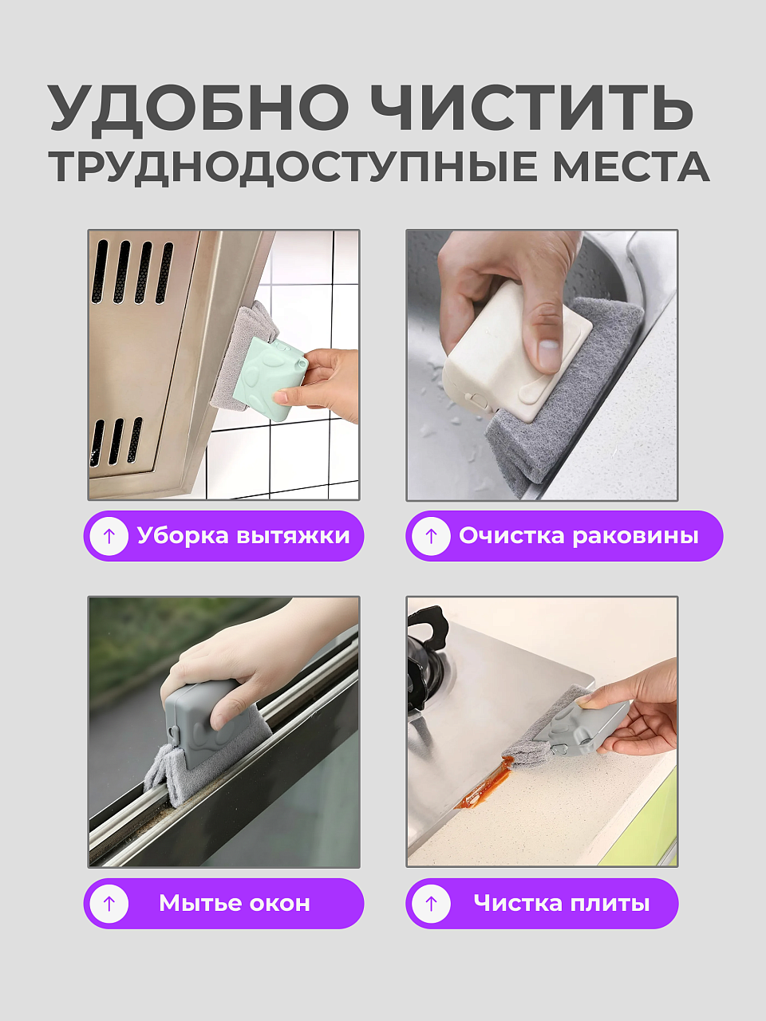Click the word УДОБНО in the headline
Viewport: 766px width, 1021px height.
coord(199,109)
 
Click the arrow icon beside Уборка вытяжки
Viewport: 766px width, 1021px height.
coord(109,536)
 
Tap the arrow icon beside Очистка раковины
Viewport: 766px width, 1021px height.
coord(431,536)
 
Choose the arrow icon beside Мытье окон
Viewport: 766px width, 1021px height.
coord(109,903)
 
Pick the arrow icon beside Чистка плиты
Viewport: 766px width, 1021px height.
coord(431,903)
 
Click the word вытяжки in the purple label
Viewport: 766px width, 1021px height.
coord(293,536)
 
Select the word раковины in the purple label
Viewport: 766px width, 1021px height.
coord(635,537)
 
